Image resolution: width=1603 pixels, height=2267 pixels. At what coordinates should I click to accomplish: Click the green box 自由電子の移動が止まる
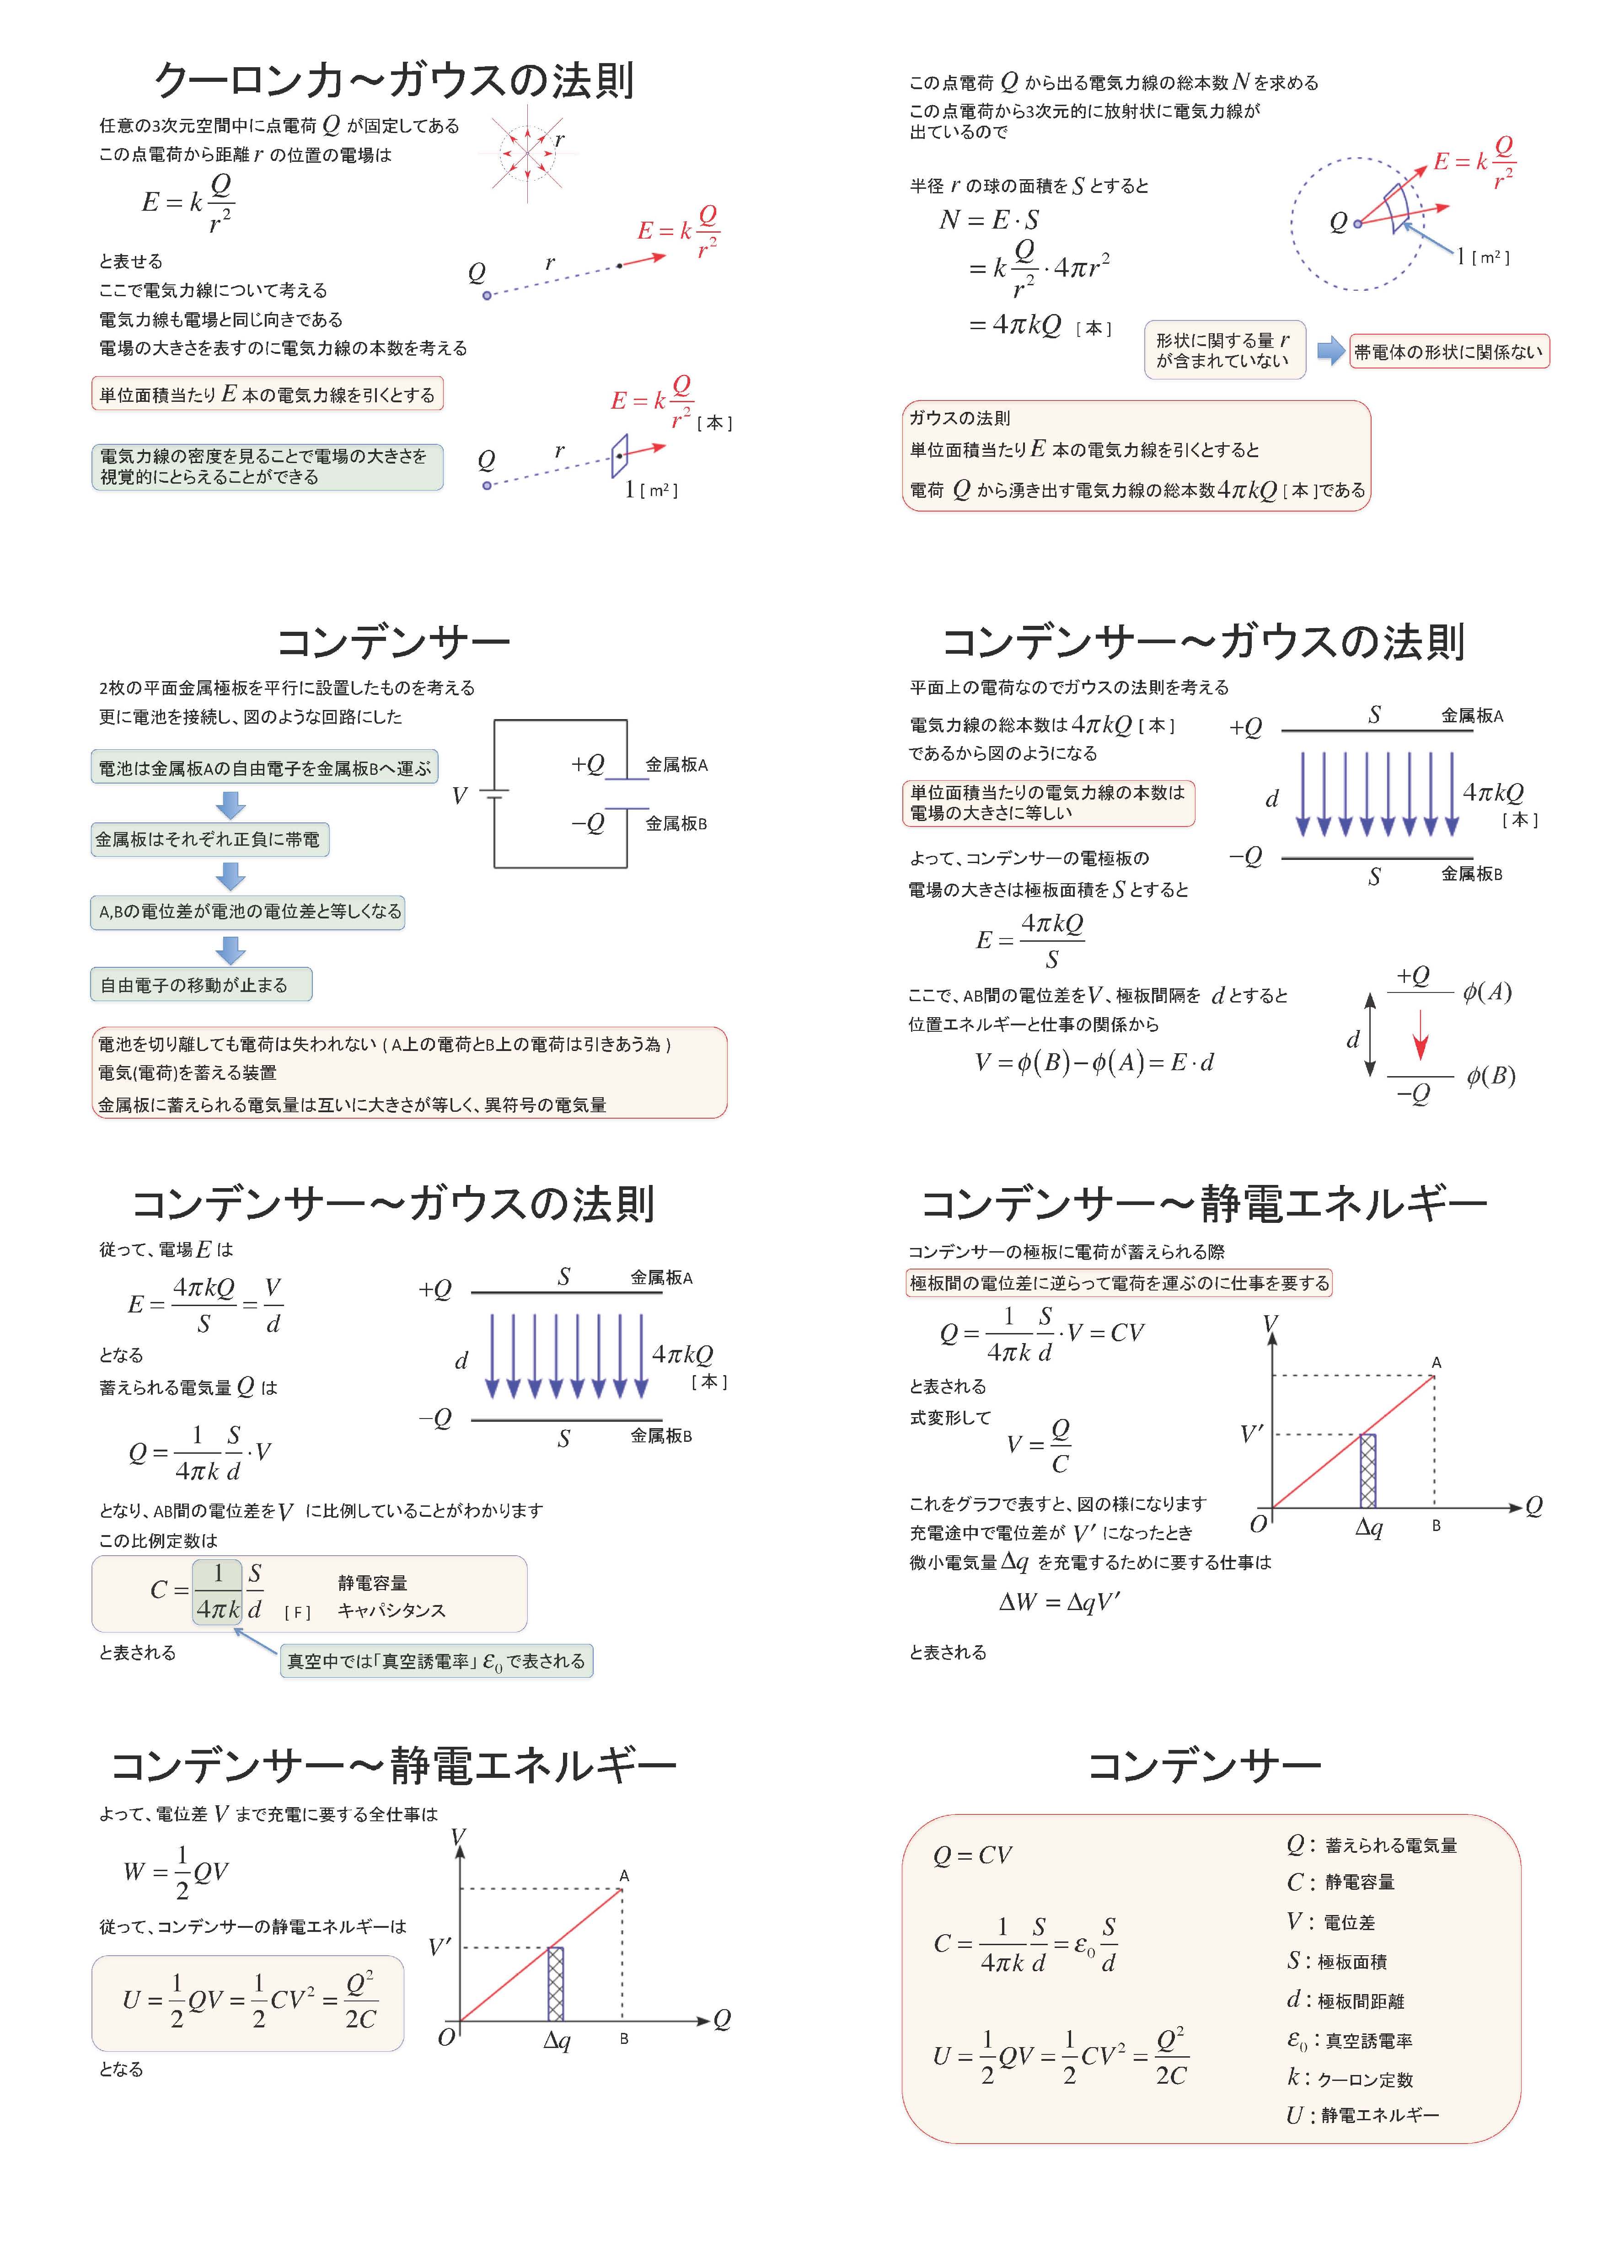200,984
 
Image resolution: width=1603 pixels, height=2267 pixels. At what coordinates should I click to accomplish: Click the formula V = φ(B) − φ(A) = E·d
1094,1062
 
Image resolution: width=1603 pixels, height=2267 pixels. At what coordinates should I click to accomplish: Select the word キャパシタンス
391,1611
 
